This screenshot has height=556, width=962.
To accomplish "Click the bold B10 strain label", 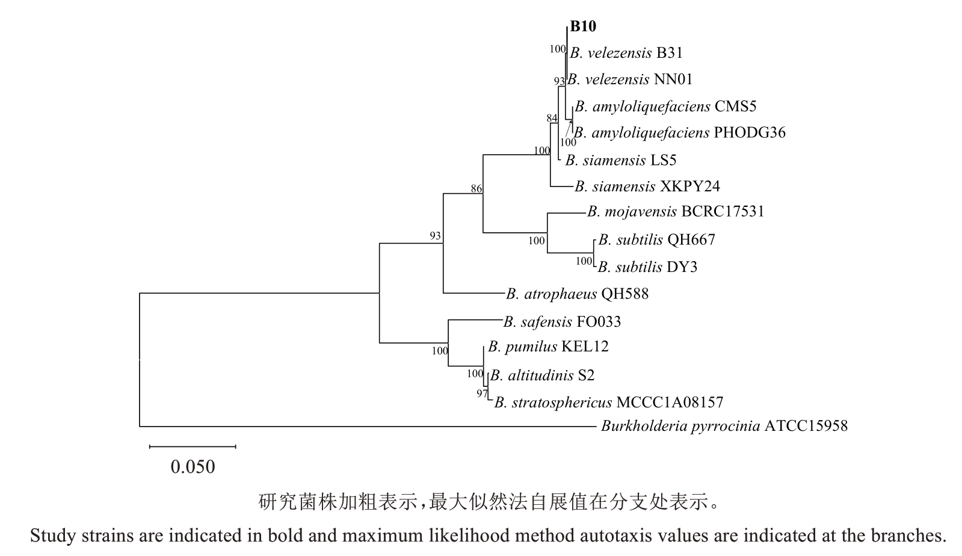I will point(582,26).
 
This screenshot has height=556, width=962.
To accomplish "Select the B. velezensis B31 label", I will point(626,53).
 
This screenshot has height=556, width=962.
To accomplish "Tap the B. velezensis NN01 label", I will point(630,79).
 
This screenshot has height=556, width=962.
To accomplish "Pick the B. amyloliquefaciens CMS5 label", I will point(665,107).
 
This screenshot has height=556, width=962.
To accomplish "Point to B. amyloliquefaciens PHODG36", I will point(680,132).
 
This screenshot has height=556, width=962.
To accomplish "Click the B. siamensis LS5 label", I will point(621,160).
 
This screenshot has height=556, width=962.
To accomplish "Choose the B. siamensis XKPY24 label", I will point(647,187).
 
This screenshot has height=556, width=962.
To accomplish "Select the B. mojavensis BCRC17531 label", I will point(676,212).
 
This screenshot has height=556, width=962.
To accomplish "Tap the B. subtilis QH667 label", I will point(656,239).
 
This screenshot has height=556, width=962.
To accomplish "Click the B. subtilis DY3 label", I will point(647,267).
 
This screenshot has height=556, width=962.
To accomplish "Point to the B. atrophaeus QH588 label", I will point(577,294).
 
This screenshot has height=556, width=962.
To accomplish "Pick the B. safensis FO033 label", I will point(562,322).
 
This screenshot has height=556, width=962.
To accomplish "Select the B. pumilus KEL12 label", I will point(548,347).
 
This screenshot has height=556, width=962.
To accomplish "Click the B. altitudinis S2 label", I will point(542,375).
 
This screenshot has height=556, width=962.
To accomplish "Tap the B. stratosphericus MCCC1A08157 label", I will point(608,402).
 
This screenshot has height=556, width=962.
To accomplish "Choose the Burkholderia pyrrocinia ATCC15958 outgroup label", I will point(724,427).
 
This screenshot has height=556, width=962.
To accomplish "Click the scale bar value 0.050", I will point(193,467).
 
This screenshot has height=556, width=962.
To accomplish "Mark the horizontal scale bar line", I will point(193,446).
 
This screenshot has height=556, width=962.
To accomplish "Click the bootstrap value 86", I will point(476,189).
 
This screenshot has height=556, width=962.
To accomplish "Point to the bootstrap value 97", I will point(482,394).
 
